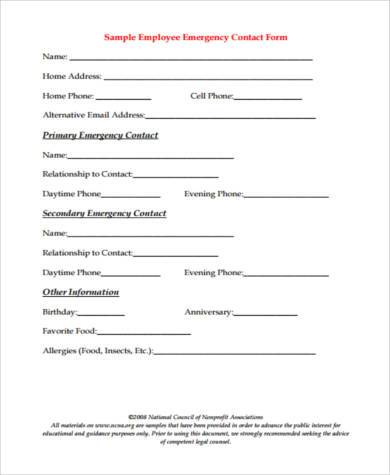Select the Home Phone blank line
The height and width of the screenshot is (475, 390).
pos(124,99)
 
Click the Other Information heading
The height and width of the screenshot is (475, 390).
pos(82,291)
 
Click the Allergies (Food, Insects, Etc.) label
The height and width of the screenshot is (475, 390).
pos(98,350)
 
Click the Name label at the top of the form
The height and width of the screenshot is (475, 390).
pos(55,56)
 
